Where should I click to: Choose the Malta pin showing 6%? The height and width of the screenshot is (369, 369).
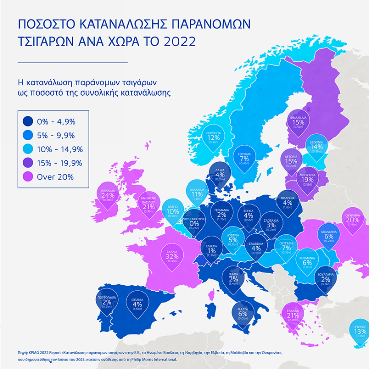click(x=243, y=313)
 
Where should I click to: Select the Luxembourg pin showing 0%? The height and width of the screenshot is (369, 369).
click(x=194, y=223)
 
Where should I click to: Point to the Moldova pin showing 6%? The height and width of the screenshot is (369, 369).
click(x=329, y=236)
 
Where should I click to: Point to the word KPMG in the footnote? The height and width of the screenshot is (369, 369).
click(x=27, y=353)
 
